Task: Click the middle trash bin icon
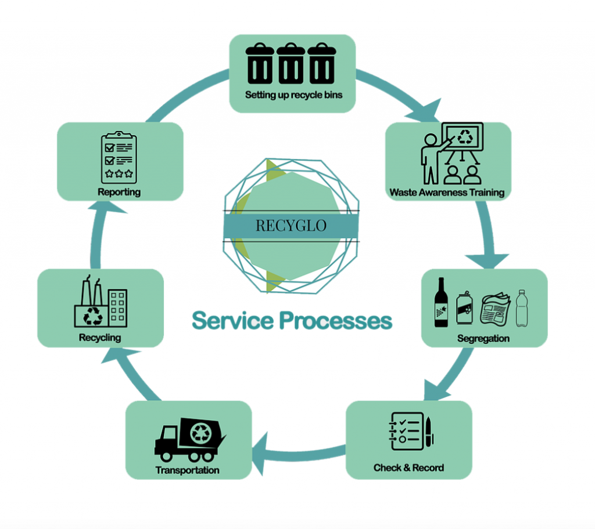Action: point(291,64)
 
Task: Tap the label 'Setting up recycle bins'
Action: point(293,95)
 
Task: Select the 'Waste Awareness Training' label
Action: point(447,192)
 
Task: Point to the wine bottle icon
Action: point(442,302)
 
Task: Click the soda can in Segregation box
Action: point(465,307)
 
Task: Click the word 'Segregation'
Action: point(483,338)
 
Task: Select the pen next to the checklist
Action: point(429,432)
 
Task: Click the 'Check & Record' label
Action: point(408,468)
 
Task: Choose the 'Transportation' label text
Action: point(188,470)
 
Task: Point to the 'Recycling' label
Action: point(100,337)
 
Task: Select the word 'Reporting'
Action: point(119,192)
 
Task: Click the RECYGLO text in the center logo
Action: point(291,226)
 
